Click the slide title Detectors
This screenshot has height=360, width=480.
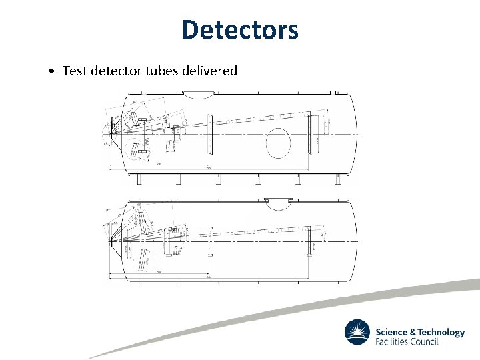coord(239,29)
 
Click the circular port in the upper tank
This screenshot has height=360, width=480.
coord(278,141)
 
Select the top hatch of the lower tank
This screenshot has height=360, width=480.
coord(279,199)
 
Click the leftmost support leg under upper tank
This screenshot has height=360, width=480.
coord(138,179)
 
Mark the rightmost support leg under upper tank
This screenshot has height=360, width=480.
coord(338,179)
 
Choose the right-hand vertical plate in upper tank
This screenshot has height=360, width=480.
coord(309,133)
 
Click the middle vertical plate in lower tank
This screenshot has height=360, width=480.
coord(210,240)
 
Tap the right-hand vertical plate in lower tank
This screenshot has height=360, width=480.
coord(309,240)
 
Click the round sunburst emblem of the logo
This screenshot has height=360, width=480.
coord(357,332)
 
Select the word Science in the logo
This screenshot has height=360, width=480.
coord(391,332)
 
